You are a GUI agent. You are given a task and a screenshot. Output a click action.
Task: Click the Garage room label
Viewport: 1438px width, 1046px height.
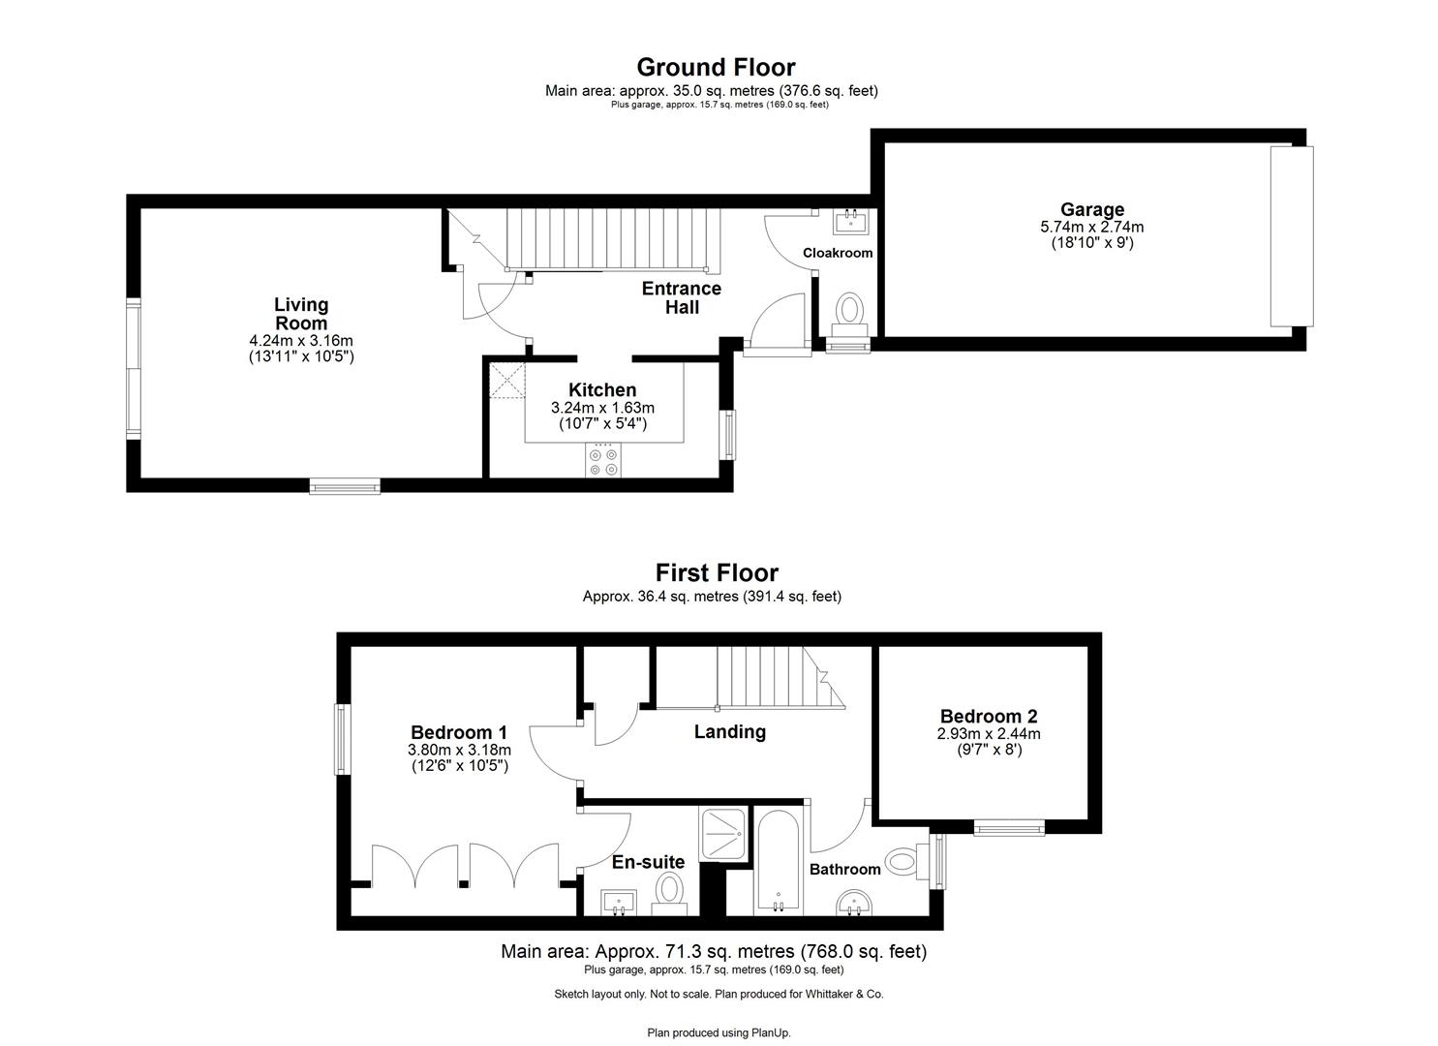tap(1091, 209)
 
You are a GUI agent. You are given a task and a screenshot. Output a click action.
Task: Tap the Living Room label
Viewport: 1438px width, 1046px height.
tap(300, 314)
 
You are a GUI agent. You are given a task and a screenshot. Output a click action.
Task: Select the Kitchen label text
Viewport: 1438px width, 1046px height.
tap(602, 390)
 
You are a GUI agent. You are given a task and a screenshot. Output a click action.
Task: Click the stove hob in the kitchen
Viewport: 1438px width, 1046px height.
tap(604, 462)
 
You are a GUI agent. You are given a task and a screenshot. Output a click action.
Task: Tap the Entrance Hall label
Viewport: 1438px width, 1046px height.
tap(682, 297)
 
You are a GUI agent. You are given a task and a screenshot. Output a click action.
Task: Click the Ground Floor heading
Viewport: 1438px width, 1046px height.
tap(716, 67)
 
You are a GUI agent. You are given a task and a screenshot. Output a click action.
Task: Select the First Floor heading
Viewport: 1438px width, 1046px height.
tap(717, 572)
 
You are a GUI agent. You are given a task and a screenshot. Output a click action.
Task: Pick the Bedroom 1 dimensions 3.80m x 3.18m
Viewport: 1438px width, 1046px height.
tap(459, 750)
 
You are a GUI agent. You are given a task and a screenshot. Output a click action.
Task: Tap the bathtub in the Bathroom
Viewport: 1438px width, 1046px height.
tap(777, 862)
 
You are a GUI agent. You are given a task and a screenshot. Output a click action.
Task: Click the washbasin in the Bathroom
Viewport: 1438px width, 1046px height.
tap(853, 903)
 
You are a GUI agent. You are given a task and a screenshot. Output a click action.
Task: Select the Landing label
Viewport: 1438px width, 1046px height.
tap(729, 732)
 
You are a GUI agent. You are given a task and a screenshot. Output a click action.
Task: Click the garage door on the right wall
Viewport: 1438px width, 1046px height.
tap(1291, 236)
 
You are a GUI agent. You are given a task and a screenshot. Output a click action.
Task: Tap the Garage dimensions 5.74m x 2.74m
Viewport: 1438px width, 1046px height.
tap(1091, 228)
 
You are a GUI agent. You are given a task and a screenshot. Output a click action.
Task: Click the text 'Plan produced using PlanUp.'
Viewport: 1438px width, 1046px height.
tap(719, 1032)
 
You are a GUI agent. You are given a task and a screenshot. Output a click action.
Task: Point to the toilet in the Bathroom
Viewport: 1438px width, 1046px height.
tap(903, 860)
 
